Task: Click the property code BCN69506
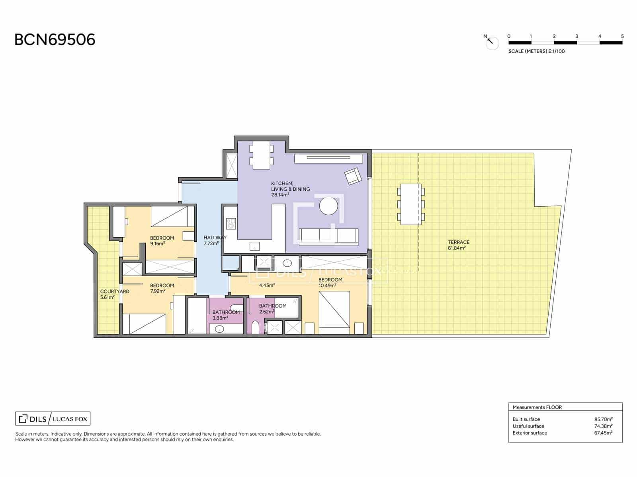click(x=55, y=40)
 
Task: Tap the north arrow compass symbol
click(x=491, y=43)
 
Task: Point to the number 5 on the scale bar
click(x=622, y=36)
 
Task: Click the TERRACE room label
click(x=459, y=242)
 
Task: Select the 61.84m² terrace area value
click(x=457, y=248)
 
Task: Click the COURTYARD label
click(x=115, y=291)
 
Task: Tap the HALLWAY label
click(x=215, y=237)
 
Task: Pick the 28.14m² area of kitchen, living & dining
click(x=280, y=195)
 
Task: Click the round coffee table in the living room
click(x=328, y=206)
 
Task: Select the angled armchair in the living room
click(x=353, y=176)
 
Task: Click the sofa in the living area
click(x=328, y=237)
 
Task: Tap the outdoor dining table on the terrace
click(x=411, y=204)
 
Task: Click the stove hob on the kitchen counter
click(x=231, y=224)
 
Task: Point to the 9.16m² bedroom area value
click(x=158, y=244)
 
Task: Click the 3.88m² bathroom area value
click(x=220, y=318)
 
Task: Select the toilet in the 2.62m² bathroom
click(x=255, y=327)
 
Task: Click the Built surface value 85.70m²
click(x=603, y=419)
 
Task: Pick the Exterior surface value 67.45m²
click(x=603, y=433)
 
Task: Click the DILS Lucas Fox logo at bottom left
click(x=53, y=419)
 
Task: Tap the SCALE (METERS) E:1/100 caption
click(x=536, y=51)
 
